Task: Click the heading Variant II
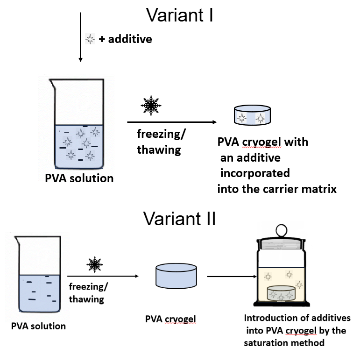tap(179, 218)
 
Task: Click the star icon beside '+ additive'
tap(90, 39)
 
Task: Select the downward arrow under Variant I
tap(81, 37)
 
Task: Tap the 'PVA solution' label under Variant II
tap(38, 326)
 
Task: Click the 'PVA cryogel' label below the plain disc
tap(170, 320)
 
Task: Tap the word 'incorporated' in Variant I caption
tap(254, 173)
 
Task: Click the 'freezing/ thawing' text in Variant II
tap(86, 292)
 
